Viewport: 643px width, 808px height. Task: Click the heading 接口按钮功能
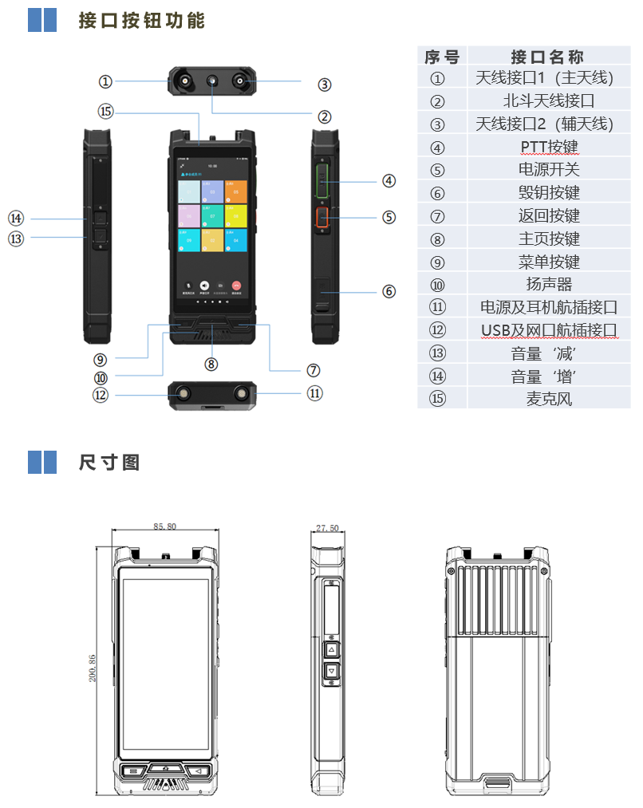pyautogui.click(x=142, y=21)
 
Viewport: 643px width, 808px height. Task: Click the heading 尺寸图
pyautogui.click(x=109, y=462)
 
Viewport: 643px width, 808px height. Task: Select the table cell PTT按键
pyautogui.click(x=549, y=147)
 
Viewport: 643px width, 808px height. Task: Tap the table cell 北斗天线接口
pyautogui.click(x=549, y=101)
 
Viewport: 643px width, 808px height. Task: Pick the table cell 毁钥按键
pyautogui.click(x=549, y=193)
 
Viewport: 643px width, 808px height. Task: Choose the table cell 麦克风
pyautogui.click(x=549, y=399)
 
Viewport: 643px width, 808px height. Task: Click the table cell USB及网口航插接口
pyautogui.click(x=549, y=330)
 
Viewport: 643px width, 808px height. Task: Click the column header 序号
pyautogui.click(x=441, y=56)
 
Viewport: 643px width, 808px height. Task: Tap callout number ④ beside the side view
pyautogui.click(x=389, y=181)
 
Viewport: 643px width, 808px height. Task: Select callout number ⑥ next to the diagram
pyautogui.click(x=389, y=292)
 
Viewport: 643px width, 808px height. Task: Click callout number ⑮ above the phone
pyautogui.click(x=106, y=111)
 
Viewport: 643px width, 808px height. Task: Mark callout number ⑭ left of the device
pyautogui.click(x=16, y=218)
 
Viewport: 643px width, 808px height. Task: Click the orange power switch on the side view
pyautogui.click(x=324, y=217)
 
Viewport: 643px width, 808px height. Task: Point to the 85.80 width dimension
pyautogui.click(x=164, y=526)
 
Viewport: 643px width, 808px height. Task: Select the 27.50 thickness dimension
pyautogui.click(x=327, y=528)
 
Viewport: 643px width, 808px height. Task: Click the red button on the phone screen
pyautogui.click(x=236, y=285)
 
